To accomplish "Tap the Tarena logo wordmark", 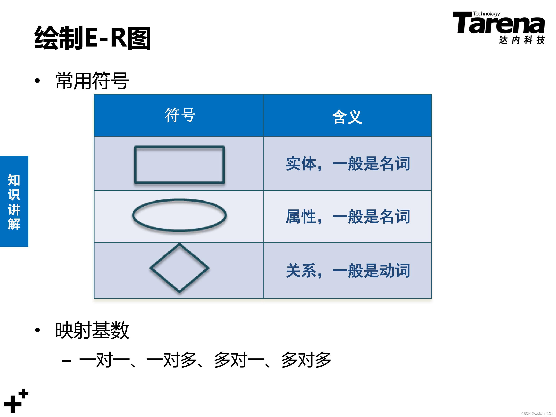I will (499, 24).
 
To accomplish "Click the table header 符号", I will (180, 115).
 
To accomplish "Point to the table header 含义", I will (347, 117).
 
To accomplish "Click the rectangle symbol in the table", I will (179, 165).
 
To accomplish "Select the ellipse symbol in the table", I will (179, 215).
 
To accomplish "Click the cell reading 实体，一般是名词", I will (348, 164).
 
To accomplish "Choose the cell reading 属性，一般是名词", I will (348, 216).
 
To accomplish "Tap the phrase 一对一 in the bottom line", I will (104, 360).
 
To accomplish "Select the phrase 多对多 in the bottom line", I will (306, 360).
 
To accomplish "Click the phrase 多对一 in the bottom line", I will (239, 360).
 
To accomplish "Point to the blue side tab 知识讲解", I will (14, 201).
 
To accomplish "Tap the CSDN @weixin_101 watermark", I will (537, 413).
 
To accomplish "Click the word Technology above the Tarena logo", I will (486, 14).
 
